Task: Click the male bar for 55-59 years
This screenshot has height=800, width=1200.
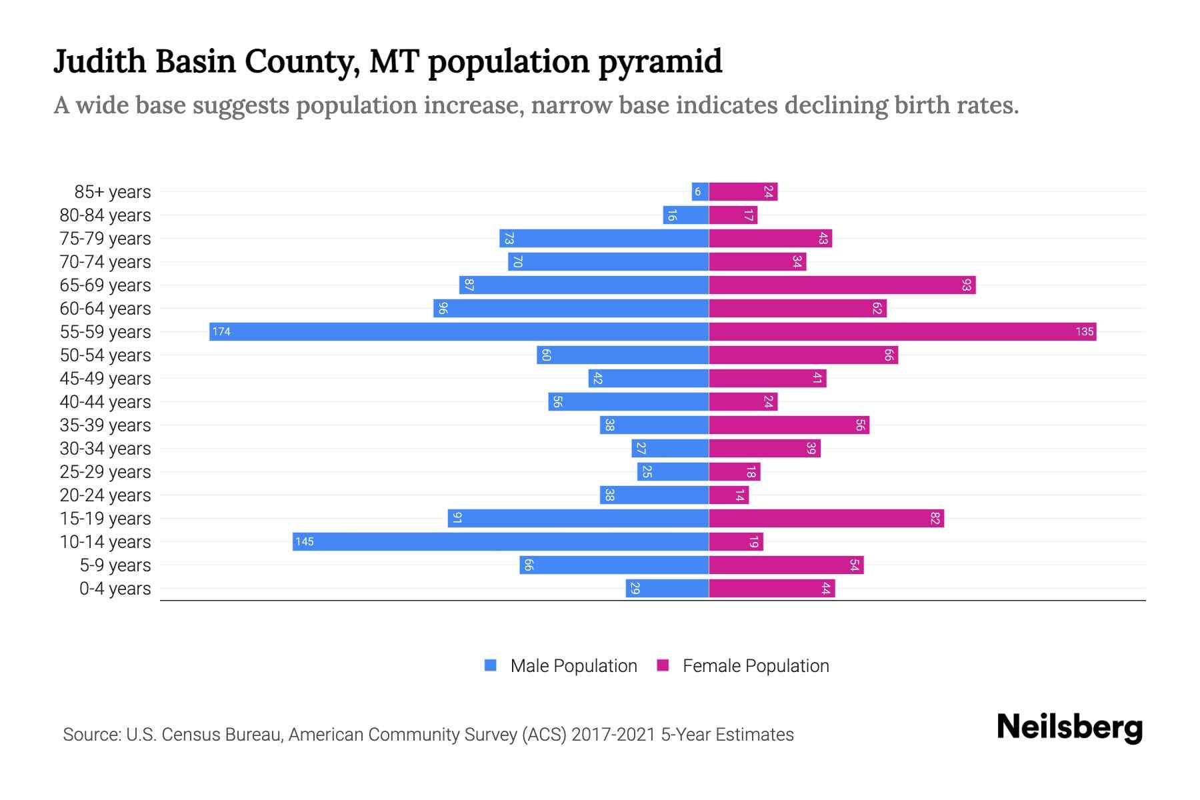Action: click(459, 331)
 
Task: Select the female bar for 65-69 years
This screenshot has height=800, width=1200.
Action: click(841, 285)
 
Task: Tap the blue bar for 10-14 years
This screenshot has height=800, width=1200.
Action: click(500, 541)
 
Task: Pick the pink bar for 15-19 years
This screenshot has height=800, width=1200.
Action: click(826, 518)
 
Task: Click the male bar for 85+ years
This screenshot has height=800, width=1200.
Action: click(700, 191)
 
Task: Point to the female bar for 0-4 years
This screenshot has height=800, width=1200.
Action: click(771, 588)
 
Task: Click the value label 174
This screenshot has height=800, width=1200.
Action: click(221, 331)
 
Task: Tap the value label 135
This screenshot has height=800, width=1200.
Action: click(1084, 331)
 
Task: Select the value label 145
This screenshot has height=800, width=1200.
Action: click(305, 541)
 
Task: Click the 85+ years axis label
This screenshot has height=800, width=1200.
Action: click(112, 192)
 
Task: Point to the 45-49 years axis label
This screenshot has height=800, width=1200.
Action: click(105, 379)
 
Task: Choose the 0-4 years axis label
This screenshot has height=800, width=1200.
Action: click(115, 589)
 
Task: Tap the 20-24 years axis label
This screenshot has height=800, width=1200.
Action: click(105, 495)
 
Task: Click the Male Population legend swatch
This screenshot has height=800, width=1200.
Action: click(491, 665)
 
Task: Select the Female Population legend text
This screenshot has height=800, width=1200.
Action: click(755, 665)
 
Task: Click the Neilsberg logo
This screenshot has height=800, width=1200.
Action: click(1069, 727)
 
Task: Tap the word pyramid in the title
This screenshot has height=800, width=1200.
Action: click(659, 62)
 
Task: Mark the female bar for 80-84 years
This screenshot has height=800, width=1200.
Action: click(733, 215)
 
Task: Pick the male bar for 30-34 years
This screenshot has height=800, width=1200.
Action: click(670, 448)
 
